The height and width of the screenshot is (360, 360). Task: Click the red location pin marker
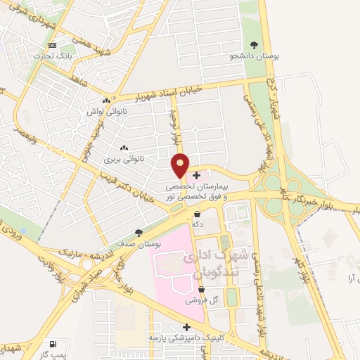(x=181, y=165)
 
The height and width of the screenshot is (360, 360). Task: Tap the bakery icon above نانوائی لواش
(x=105, y=101)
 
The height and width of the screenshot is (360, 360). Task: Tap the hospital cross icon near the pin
(x=195, y=175)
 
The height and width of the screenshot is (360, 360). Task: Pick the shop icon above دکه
(x=198, y=213)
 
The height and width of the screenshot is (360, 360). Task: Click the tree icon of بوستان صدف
(x=139, y=232)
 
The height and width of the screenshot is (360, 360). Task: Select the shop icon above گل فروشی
(x=201, y=289)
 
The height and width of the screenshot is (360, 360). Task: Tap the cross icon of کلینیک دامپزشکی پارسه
(x=186, y=327)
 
